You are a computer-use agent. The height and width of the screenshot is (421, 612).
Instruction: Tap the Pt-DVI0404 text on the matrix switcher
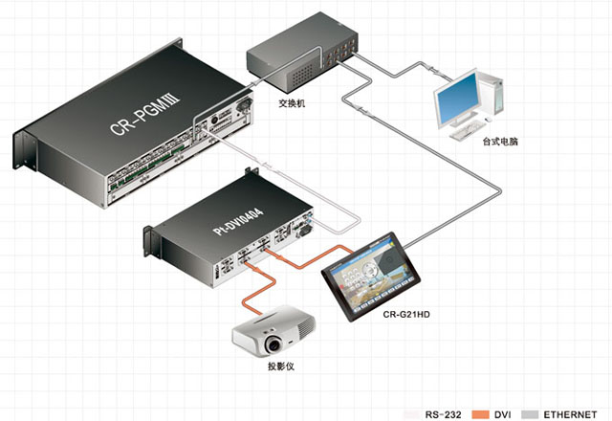238,221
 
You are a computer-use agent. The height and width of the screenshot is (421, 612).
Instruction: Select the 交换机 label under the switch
292,103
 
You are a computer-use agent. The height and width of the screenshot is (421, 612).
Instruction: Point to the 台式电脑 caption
500,142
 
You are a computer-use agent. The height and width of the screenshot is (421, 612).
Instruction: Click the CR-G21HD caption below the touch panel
406,315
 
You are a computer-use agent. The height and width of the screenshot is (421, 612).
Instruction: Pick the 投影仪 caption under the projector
280,366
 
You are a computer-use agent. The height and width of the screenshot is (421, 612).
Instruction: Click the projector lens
273,344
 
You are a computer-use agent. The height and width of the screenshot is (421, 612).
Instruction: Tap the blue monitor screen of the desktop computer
458,98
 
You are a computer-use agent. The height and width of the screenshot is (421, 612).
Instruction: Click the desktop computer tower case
492,94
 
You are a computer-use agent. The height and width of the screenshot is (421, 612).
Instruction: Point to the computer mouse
488,119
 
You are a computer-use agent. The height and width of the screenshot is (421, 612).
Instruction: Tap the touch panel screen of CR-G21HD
370,275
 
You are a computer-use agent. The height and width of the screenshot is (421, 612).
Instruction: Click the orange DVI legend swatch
480,414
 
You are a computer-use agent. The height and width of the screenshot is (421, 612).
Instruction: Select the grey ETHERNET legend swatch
530,414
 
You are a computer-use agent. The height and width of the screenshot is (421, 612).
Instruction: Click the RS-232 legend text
443,414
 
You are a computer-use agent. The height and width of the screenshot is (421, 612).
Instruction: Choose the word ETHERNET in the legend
570,414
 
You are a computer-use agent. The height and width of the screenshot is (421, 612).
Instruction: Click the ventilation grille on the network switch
302,76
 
